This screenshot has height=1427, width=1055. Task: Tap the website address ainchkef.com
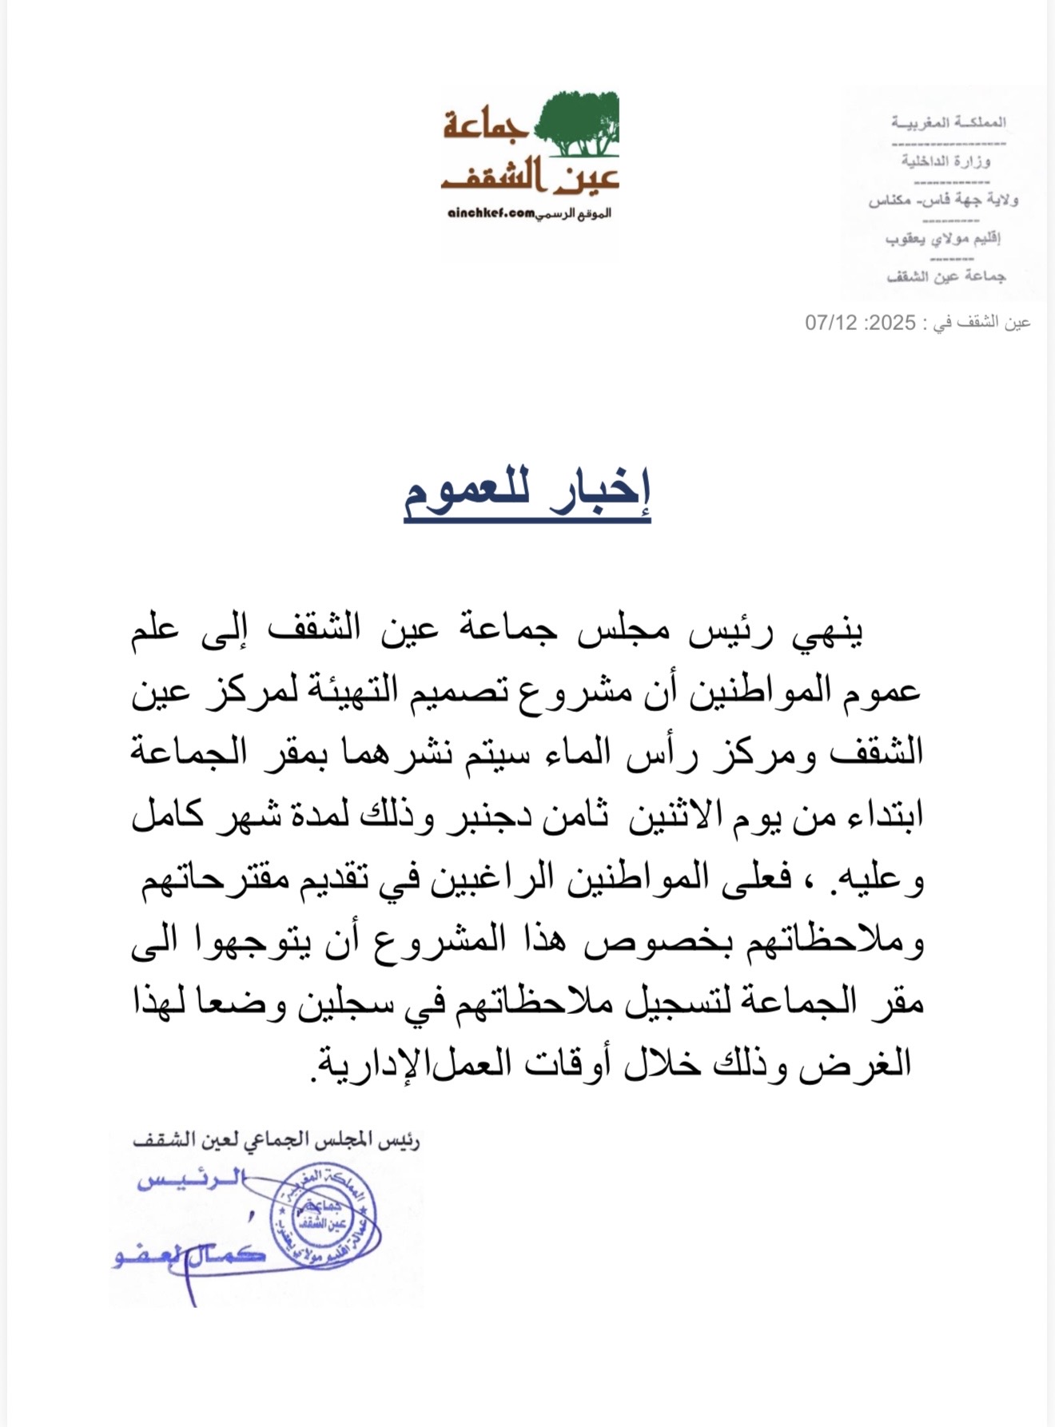coord(491,214)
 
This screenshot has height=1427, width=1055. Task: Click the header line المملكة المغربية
coord(949,122)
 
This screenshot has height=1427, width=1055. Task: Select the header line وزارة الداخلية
coord(946,161)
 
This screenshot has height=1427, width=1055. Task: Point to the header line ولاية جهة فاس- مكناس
coord(943,200)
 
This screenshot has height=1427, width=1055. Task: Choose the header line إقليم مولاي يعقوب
coord(943,238)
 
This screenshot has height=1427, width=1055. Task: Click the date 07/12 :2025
coord(860,323)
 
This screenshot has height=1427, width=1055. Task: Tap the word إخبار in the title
coord(599,489)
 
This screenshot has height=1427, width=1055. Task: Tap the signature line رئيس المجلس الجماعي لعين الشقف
coord(277,1140)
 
